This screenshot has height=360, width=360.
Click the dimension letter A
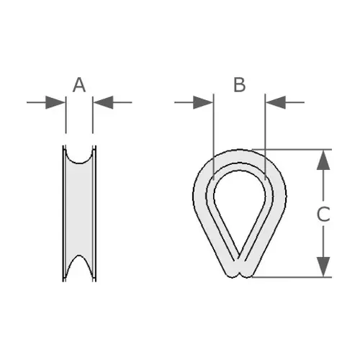click(79, 85)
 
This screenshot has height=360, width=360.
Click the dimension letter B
click(239, 85)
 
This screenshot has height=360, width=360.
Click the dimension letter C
click(323, 214)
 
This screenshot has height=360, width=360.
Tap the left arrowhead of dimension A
click(55, 102)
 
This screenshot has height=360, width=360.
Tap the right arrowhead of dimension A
click(104, 102)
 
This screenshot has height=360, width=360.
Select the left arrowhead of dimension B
click(203, 102)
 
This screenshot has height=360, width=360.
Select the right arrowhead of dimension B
click(276, 102)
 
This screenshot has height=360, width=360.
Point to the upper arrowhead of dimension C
click(323, 160)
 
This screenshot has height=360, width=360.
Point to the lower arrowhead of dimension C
click(323, 266)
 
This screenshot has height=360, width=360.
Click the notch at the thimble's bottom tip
click(239, 275)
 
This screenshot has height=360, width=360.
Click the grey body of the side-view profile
click(79, 209)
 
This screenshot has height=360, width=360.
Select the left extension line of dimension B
click(213, 137)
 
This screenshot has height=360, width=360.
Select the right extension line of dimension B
click(265, 137)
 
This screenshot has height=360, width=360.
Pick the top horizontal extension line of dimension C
click(292, 150)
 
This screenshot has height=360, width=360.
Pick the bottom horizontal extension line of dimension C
click(292, 277)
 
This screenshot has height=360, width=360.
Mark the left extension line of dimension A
click(66, 114)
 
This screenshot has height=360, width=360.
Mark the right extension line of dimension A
click(93, 114)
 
